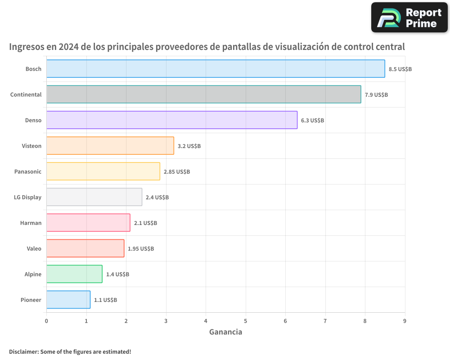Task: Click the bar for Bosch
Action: coord(216,69)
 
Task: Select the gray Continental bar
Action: coord(203,94)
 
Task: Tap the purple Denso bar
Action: coord(172,120)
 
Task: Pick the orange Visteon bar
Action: coord(110,146)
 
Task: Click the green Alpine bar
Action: coord(74,274)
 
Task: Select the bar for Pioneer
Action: coord(68,300)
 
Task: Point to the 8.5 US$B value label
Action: coord(400,69)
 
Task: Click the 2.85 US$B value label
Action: coord(177,172)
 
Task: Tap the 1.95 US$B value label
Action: coord(141,249)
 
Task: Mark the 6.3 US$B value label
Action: coord(312,121)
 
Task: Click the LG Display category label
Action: coord(28,197)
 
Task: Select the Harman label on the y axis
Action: coord(31,223)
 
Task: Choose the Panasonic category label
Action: coord(28,171)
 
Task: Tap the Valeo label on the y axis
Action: coord(34,248)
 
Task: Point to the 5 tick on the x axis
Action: coord(246,321)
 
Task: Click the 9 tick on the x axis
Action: coord(405,321)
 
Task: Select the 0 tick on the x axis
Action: coord(46,321)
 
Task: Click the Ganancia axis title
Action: coord(225,332)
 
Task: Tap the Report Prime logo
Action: coord(409,18)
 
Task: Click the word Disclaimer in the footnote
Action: coord(23,351)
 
